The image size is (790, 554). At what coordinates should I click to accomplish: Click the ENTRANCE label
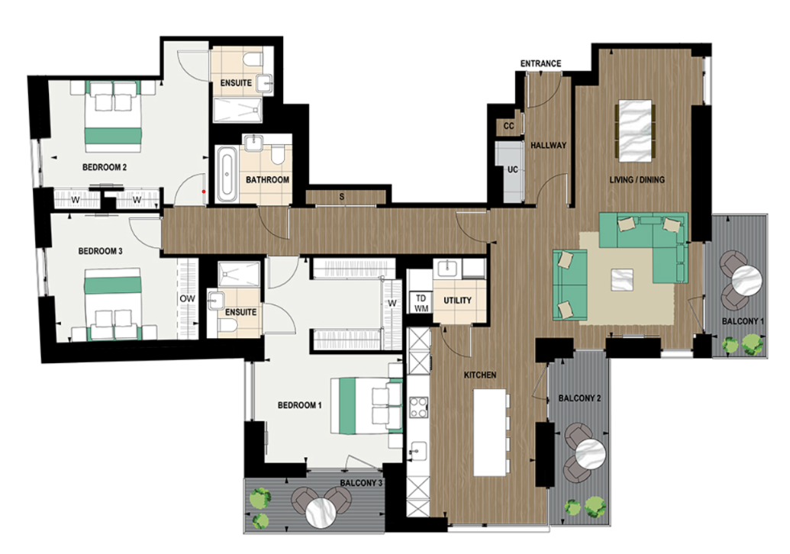[x=540, y=63]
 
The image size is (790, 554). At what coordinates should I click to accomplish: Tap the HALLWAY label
[x=548, y=145]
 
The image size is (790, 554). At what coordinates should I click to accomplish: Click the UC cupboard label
[x=512, y=169]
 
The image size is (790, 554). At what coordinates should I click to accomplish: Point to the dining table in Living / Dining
[x=636, y=130]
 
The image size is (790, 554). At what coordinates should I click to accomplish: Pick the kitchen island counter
[x=490, y=432]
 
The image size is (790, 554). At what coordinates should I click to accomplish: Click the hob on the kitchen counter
[x=419, y=407]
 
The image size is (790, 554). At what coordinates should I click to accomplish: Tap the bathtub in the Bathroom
[x=226, y=175]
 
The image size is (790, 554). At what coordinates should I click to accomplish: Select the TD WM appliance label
[x=420, y=303]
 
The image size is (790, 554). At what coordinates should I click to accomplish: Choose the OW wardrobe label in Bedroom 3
[x=186, y=298]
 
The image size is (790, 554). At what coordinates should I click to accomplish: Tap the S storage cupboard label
[x=341, y=197]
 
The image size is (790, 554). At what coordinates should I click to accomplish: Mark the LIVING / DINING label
[x=637, y=180]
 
